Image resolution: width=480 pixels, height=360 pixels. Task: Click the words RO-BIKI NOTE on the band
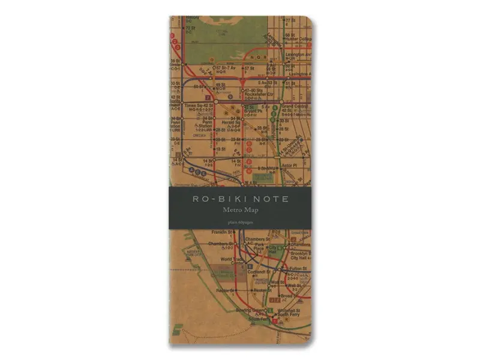[239, 198]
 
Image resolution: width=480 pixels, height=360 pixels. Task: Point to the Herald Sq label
[231, 122]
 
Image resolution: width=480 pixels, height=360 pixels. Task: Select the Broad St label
[286, 295]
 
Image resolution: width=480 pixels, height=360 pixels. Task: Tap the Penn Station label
[191, 125]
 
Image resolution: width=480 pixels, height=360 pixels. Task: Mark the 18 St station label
[221, 148]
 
